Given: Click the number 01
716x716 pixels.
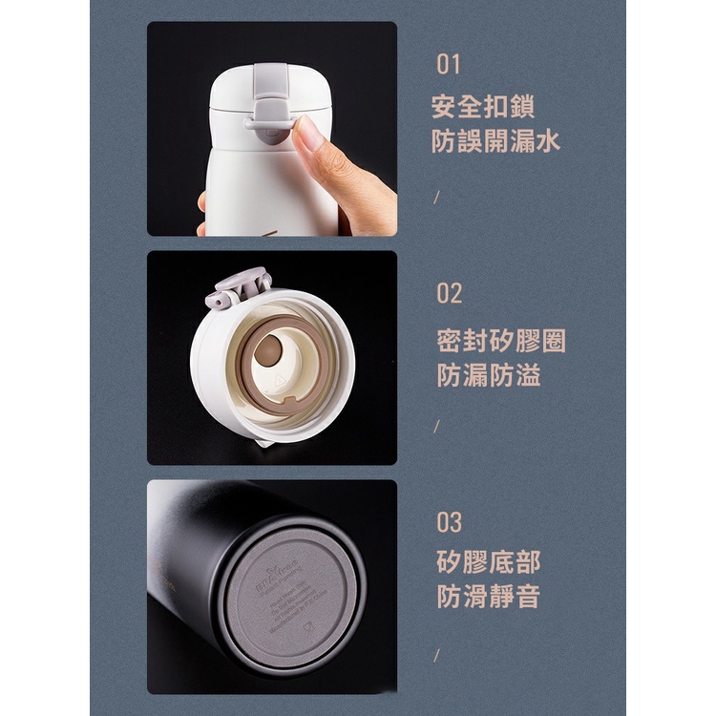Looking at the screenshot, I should (449, 65).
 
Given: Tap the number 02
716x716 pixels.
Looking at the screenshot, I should (450, 293).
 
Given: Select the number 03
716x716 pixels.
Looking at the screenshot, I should (450, 522).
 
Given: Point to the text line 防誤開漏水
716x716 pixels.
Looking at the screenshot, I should (496, 142).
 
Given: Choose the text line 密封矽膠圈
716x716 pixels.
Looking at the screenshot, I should (501, 340).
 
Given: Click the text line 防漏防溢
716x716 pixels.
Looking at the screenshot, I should (489, 375).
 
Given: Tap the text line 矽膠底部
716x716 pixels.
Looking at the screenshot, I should (489, 561).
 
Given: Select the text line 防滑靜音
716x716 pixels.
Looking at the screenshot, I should (489, 598).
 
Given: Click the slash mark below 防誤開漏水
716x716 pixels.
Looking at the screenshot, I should (436, 198).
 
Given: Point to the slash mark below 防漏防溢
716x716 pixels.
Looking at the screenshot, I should (436, 427).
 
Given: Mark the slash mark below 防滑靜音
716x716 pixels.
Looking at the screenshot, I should (436, 655).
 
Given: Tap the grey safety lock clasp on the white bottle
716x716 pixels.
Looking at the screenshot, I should (270, 105).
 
